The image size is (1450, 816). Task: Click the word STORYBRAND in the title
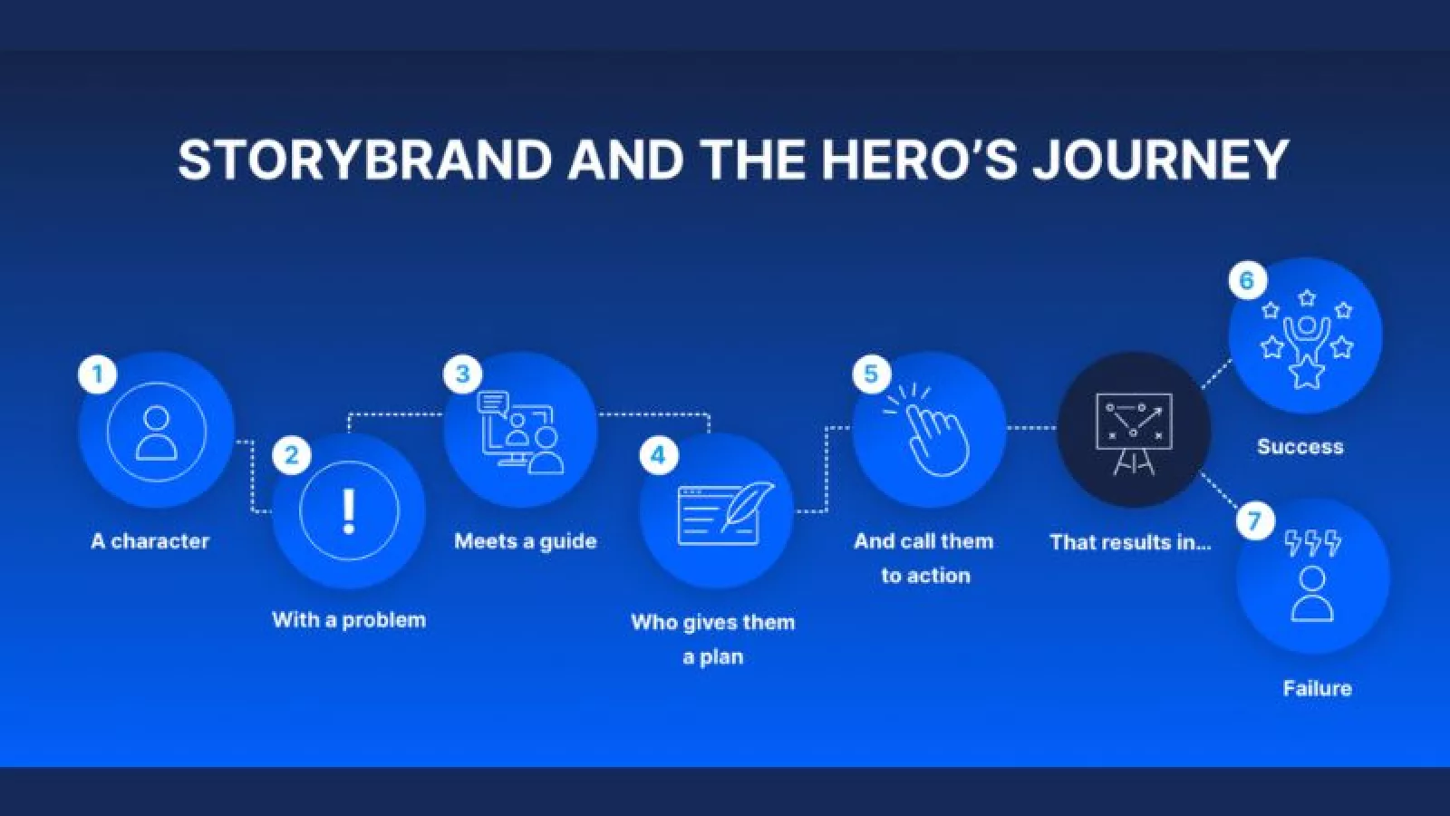click(x=364, y=160)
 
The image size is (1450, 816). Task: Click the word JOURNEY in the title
click(x=1160, y=160)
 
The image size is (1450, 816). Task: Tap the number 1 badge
click(x=98, y=374)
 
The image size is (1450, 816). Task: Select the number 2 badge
click(x=292, y=455)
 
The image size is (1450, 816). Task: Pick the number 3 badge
click(x=463, y=374)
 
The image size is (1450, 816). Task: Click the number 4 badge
click(x=658, y=455)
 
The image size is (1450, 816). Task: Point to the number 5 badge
click(x=871, y=374)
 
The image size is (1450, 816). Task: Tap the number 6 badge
click(x=1247, y=281)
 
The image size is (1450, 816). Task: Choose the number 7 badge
click(x=1255, y=520)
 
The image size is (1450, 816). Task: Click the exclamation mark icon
click(x=349, y=511)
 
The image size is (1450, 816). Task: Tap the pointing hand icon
click(x=928, y=430)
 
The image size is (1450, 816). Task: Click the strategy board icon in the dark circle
click(x=1134, y=433)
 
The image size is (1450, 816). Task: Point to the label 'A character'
click(x=150, y=540)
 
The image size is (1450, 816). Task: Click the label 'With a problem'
click(x=349, y=620)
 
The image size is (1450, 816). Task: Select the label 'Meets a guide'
click(x=525, y=541)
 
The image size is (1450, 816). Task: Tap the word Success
click(x=1300, y=447)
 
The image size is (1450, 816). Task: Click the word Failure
click(x=1318, y=688)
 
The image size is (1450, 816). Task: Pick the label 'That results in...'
click(x=1130, y=542)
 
